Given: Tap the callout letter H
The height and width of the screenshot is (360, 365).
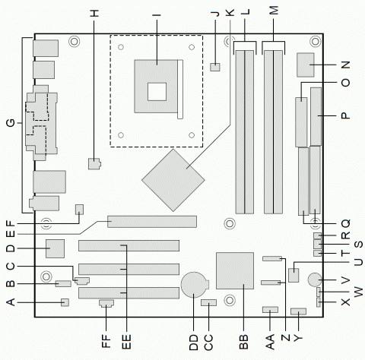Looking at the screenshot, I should pyautogui.click(x=94, y=13).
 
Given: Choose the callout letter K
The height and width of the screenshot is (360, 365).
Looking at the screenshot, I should pyautogui.click(x=230, y=13).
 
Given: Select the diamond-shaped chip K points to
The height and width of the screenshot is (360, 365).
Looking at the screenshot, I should pyautogui.click(x=173, y=179).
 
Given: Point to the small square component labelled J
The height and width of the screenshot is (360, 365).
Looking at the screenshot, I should pyautogui.click(x=216, y=68).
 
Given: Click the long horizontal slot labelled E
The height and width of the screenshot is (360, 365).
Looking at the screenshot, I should pyautogui.click(x=151, y=222).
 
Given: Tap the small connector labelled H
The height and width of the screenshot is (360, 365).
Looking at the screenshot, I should pyautogui.click(x=94, y=163).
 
